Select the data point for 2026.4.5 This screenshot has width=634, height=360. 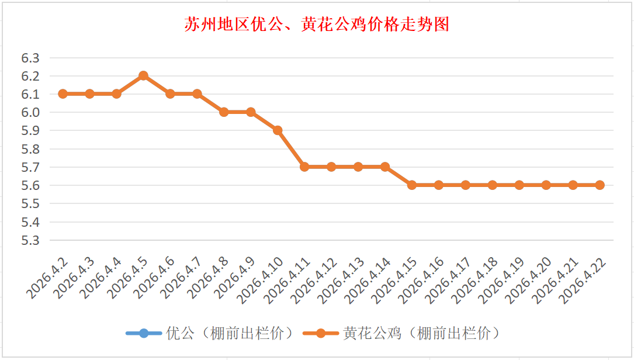pos(143,76)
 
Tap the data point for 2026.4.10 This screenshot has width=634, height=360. pos(278,130)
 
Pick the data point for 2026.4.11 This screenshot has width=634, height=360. pos(304,167)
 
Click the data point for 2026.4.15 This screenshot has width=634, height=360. pos(412,185)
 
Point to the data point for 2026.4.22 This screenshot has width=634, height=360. pos(600,185)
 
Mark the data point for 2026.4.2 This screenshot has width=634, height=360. pos(63,94)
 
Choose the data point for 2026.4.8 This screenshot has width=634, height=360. pos(224,112)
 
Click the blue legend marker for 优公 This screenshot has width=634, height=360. pos(144,334)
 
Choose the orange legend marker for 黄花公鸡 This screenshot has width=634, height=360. pos(320,334)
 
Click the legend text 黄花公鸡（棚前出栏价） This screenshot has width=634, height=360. pos(422,334)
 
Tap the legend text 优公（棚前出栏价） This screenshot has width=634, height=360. pos(230,334)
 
